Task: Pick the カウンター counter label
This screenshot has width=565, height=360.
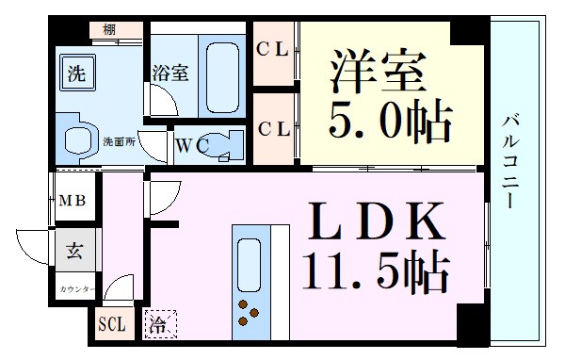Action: [x=75, y=287]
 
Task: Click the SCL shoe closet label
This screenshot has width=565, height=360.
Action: [x=111, y=324]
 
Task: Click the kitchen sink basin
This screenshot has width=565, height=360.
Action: [x=250, y=263]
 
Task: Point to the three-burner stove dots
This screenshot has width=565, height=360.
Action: [x=250, y=312]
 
